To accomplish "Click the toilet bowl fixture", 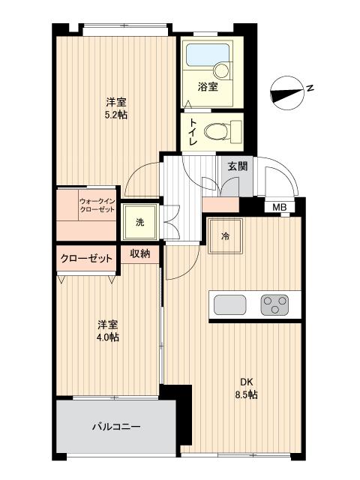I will [x=218, y=131].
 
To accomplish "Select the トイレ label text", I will [x=193, y=132].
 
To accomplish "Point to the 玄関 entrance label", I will [x=238, y=166].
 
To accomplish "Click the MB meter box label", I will [x=279, y=207].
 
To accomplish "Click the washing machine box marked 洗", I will [x=140, y=221].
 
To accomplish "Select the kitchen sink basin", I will [x=229, y=304].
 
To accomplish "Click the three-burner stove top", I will [x=274, y=304].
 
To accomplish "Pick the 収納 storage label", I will [x=140, y=254].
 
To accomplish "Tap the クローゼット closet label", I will [x=86, y=259].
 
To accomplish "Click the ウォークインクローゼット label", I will [x=96, y=205].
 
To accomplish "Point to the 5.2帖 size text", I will [x=115, y=116].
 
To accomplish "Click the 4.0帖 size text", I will [x=107, y=337].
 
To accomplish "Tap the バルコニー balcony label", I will [x=116, y=427].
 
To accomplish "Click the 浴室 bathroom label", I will [x=208, y=87].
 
